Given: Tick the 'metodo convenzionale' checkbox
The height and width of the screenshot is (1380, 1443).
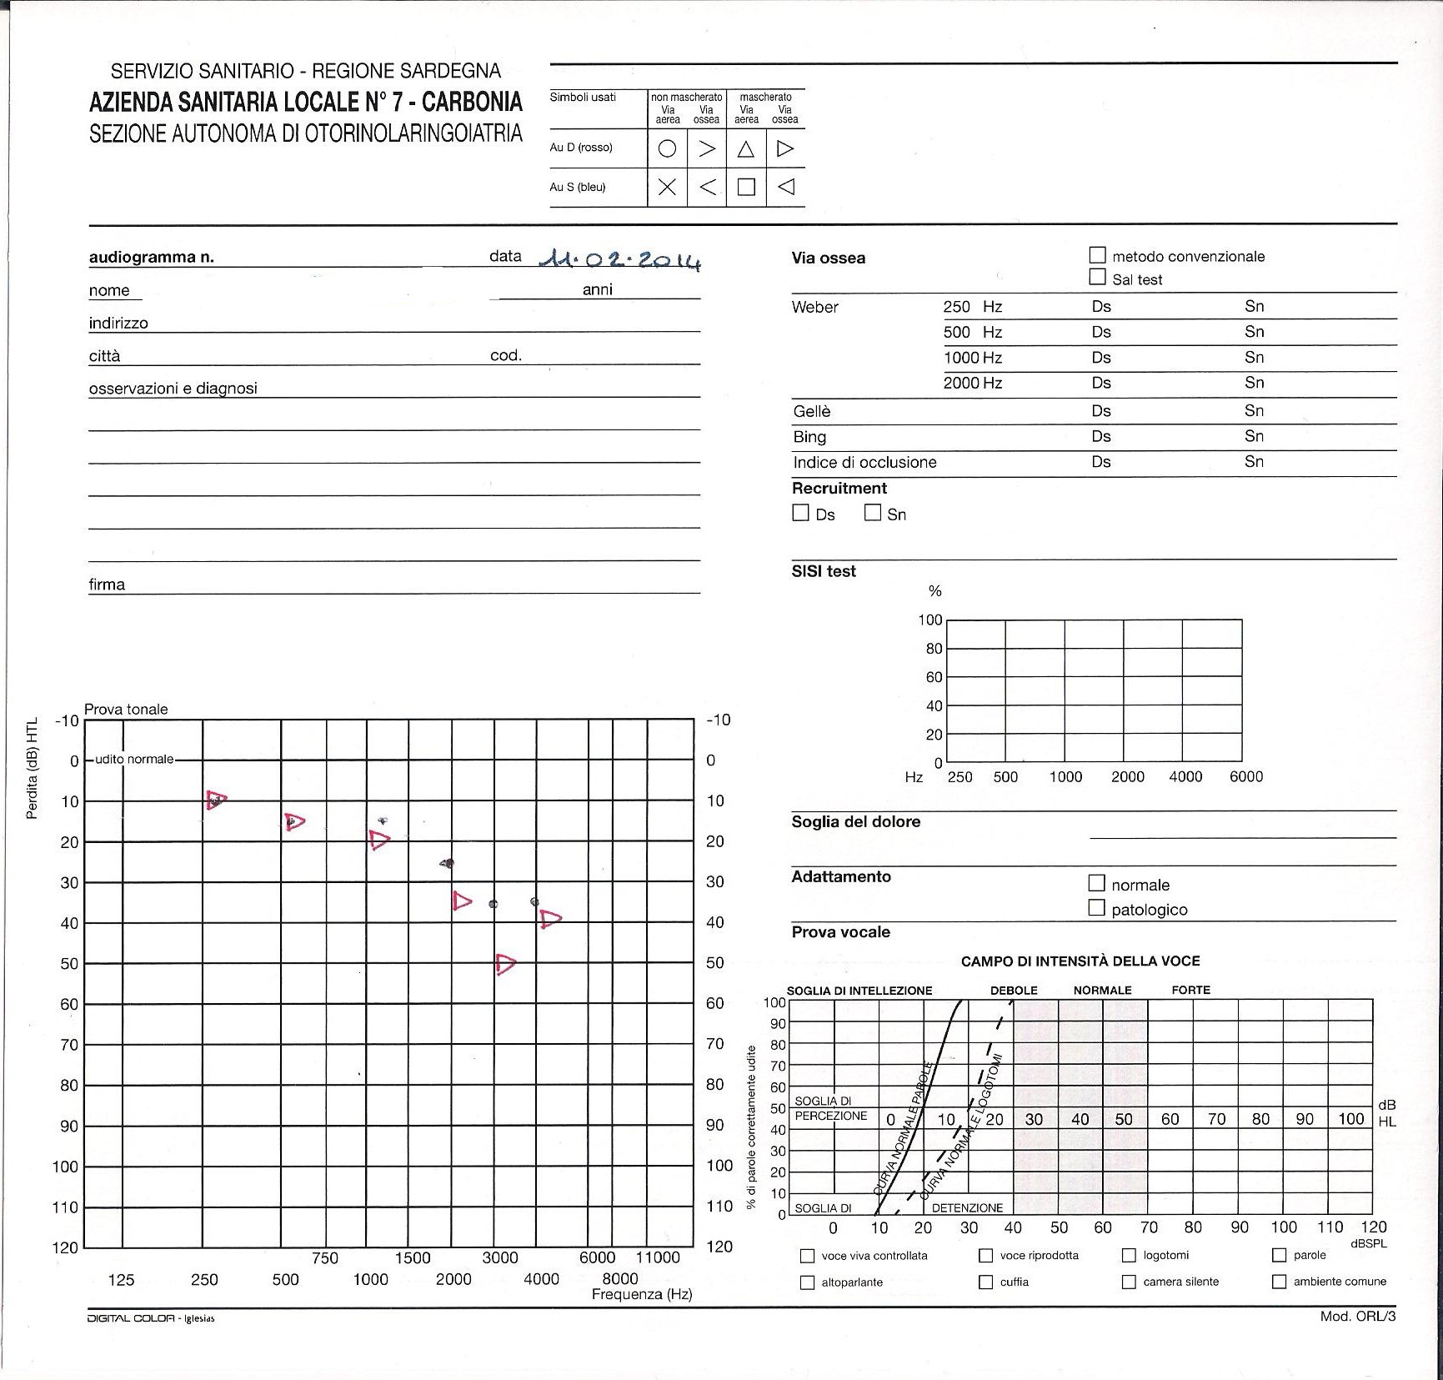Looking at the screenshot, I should click(1098, 255).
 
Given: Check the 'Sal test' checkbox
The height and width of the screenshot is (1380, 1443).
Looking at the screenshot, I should click(1098, 278).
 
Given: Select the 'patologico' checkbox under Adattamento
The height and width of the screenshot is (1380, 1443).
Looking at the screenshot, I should click(1097, 907).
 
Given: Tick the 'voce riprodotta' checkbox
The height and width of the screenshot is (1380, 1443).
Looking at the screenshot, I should click(986, 1255).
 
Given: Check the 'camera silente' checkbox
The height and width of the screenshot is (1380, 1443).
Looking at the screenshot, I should click(1129, 1282).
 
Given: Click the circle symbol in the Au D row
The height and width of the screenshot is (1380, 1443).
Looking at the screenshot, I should click(667, 148).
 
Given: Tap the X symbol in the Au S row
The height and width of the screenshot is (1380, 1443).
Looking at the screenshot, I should click(667, 187).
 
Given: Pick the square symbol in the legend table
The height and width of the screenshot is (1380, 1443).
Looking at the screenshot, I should click(746, 187).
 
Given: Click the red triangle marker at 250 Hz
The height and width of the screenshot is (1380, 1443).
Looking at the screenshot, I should click(216, 800).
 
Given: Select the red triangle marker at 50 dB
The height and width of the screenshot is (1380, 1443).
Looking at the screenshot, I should click(505, 964).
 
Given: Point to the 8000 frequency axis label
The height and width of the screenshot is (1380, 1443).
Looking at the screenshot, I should click(619, 1279).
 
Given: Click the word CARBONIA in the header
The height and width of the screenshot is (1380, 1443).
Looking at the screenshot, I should click(472, 102).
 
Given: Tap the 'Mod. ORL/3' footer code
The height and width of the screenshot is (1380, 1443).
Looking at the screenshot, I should click(1357, 1317).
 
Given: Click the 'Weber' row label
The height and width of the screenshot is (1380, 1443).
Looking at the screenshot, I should click(814, 307).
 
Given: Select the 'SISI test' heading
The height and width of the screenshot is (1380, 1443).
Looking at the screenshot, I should click(824, 571).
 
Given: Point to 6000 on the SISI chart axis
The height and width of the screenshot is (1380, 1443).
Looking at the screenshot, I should click(1245, 776).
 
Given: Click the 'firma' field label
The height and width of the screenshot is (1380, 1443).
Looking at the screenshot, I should click(107, 585).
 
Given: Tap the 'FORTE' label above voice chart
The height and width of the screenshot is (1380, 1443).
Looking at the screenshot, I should click(1190, 990).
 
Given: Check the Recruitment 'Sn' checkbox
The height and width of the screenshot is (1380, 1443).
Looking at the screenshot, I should click(873, 513).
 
